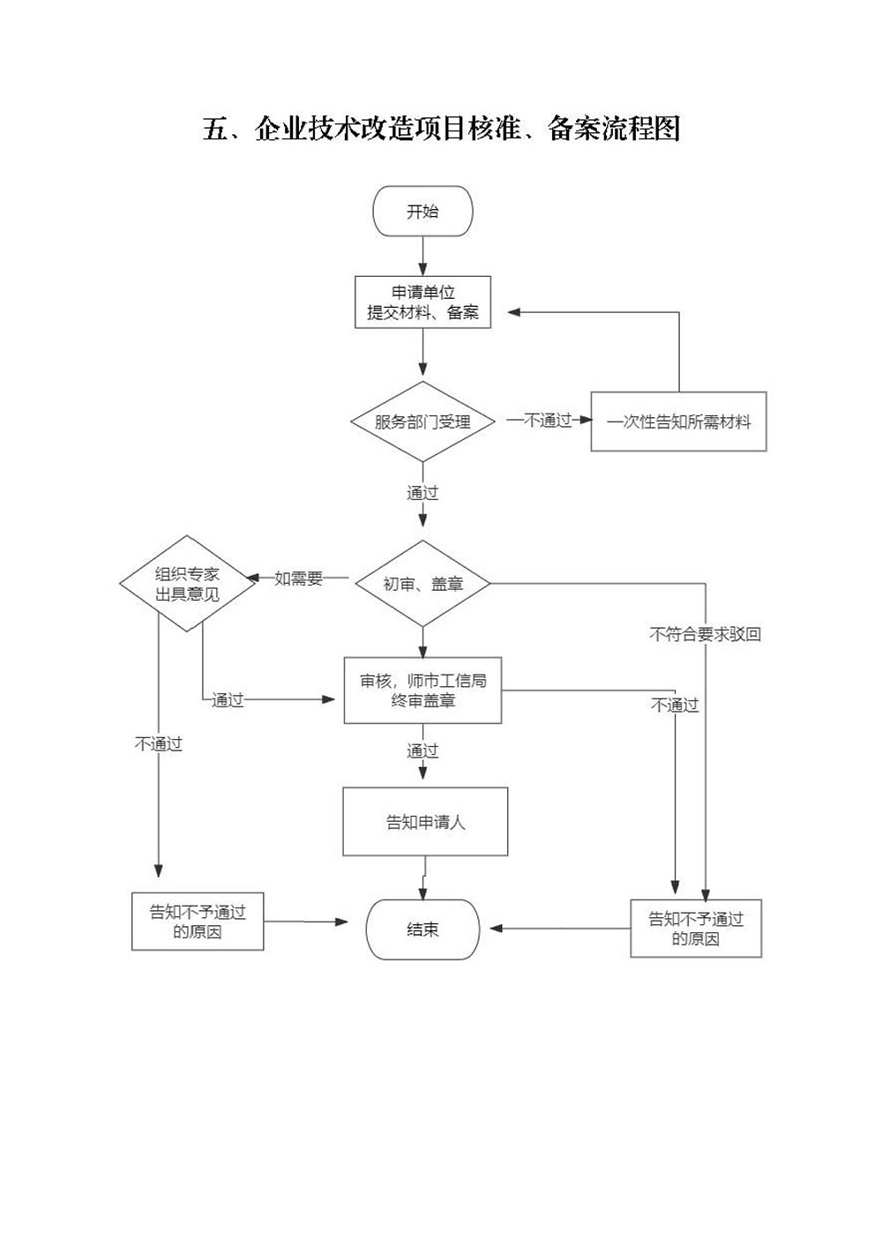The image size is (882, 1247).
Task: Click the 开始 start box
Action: pos(422,211)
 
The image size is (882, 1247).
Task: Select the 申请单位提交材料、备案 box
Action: pos(422,302)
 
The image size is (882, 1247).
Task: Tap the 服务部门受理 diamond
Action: pos(422,422)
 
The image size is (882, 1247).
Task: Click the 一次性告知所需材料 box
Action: pos(678,422)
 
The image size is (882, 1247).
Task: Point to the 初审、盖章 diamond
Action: pos(422,584)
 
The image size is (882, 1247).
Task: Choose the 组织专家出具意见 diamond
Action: pos(187,584)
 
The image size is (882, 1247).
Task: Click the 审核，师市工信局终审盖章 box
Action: pos(422,691)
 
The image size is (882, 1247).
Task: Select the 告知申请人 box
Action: pos(425,821)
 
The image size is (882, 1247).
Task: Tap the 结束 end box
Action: pos(422,930)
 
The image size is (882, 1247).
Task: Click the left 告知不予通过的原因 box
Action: pos(198,922)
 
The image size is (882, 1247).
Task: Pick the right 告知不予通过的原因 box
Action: pos(696,929)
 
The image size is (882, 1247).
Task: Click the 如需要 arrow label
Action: pos(298,579)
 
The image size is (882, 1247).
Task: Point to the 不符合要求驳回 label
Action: pos(705,633)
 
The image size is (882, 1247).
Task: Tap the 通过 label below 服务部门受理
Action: pos(422,493)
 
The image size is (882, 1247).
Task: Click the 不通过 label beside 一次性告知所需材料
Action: pos(548,421)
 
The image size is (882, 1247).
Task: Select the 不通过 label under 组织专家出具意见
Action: pos(159,743)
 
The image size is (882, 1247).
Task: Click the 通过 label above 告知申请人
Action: pos(422,751)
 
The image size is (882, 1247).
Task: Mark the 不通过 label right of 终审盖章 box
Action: pos(675,706)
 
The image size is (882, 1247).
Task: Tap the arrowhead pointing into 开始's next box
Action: pos(422,269)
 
